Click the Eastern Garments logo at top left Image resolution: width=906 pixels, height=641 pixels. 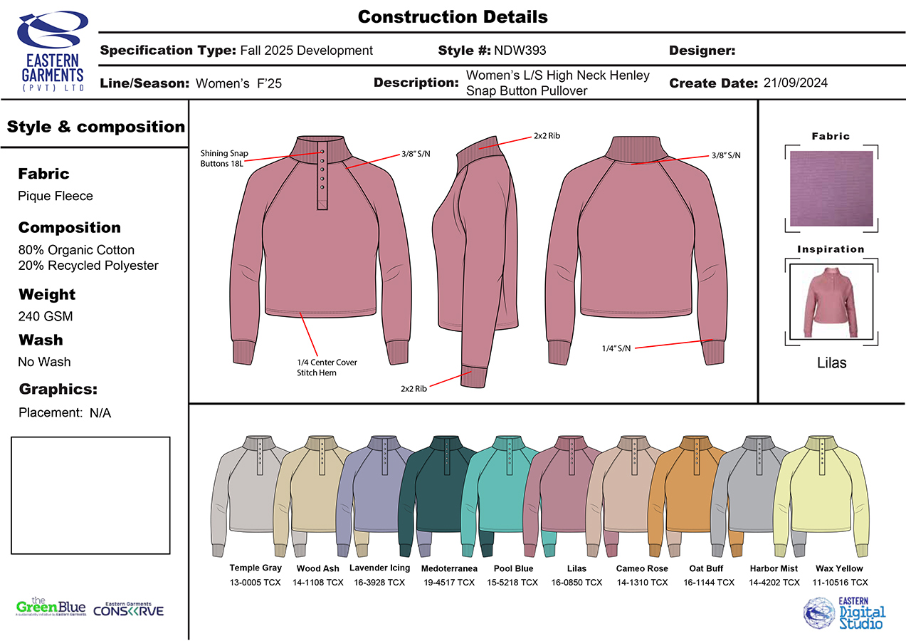point(50,50)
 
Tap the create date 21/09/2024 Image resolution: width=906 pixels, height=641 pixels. point(795,83)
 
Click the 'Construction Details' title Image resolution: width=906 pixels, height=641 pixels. point(453,16)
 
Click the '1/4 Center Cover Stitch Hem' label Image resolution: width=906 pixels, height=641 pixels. point(327,368)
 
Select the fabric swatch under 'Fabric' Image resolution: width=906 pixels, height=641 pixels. point(831,189)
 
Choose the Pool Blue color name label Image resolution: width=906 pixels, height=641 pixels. point(513,568)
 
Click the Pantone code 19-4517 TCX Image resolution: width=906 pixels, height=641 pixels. point(448,583)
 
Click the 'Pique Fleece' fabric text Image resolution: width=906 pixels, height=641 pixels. point(56,196)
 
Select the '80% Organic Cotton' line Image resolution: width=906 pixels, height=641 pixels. point(76,250)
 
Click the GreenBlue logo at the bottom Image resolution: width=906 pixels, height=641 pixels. point(51,608)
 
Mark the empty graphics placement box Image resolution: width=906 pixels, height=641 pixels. point(90,495)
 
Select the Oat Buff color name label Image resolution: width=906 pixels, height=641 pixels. point(706,568)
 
